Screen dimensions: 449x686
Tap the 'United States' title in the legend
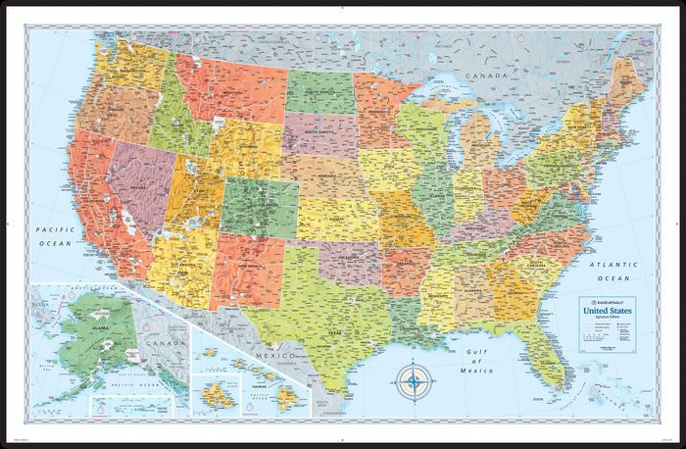pos(609,312)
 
